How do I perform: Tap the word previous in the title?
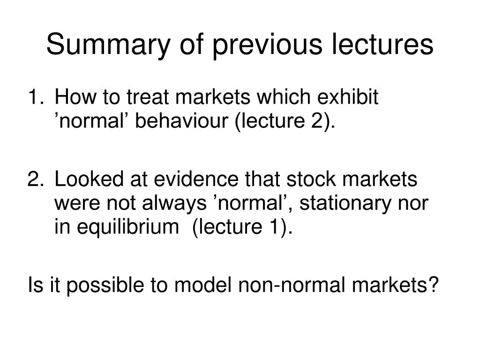267,45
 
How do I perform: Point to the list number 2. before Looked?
36,179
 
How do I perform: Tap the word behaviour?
182,120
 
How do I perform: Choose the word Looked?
89,179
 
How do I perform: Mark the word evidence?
196,179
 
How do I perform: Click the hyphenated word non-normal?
289,285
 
